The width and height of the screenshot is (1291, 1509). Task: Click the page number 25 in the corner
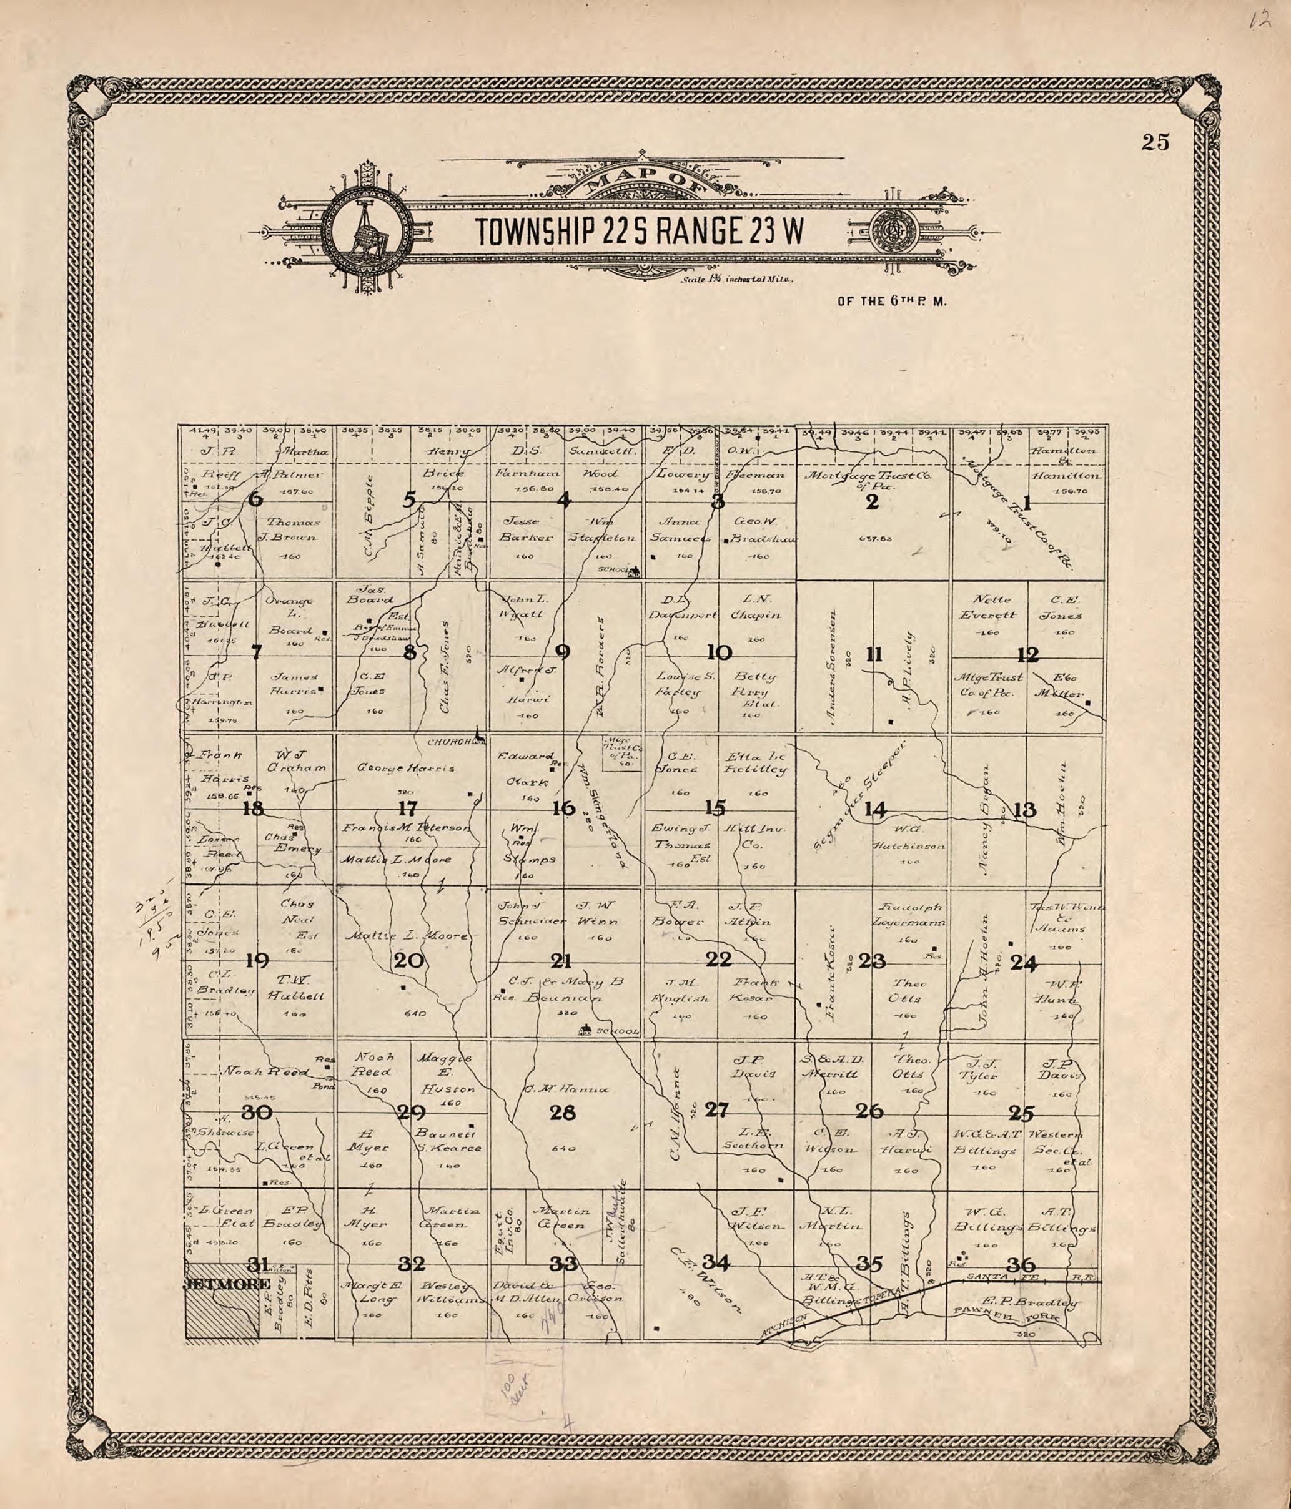coord(1155,143)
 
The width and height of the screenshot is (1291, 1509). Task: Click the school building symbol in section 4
coord(635,571)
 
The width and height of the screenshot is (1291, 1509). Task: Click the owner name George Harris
coord(406,767)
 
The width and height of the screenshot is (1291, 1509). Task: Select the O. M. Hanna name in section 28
coord(565,1090)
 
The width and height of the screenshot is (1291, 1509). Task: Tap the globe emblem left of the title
coord(363,232)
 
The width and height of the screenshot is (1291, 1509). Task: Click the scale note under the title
coord(736,279)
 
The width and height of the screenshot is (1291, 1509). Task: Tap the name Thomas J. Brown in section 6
coord(292,529)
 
